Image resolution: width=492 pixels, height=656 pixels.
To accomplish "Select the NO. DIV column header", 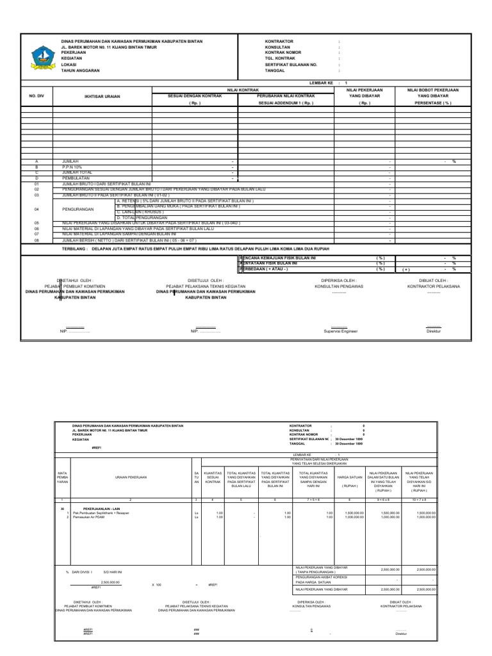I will click(x=36, y=96).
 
